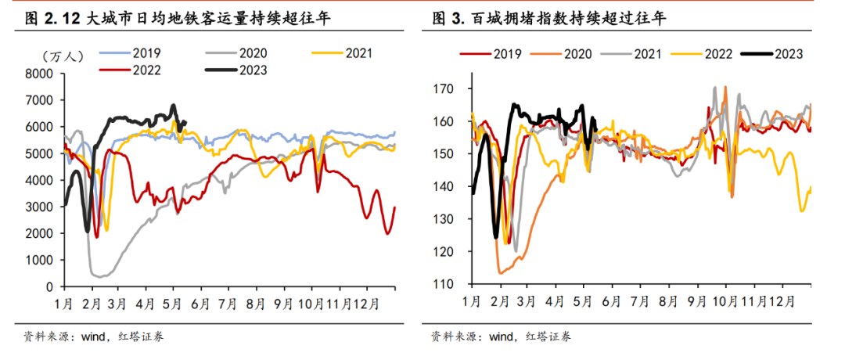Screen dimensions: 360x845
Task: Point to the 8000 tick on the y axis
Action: (38, 74)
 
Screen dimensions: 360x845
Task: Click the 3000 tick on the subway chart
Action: (38, 207)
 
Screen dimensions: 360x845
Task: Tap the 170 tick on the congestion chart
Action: (444, 89)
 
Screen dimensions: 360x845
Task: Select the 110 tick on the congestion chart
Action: (444, 283)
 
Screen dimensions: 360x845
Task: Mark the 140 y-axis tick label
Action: (444, 186)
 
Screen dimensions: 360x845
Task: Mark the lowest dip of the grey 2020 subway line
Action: (99, 275)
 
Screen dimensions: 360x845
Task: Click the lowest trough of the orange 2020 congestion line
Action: (500, 272)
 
